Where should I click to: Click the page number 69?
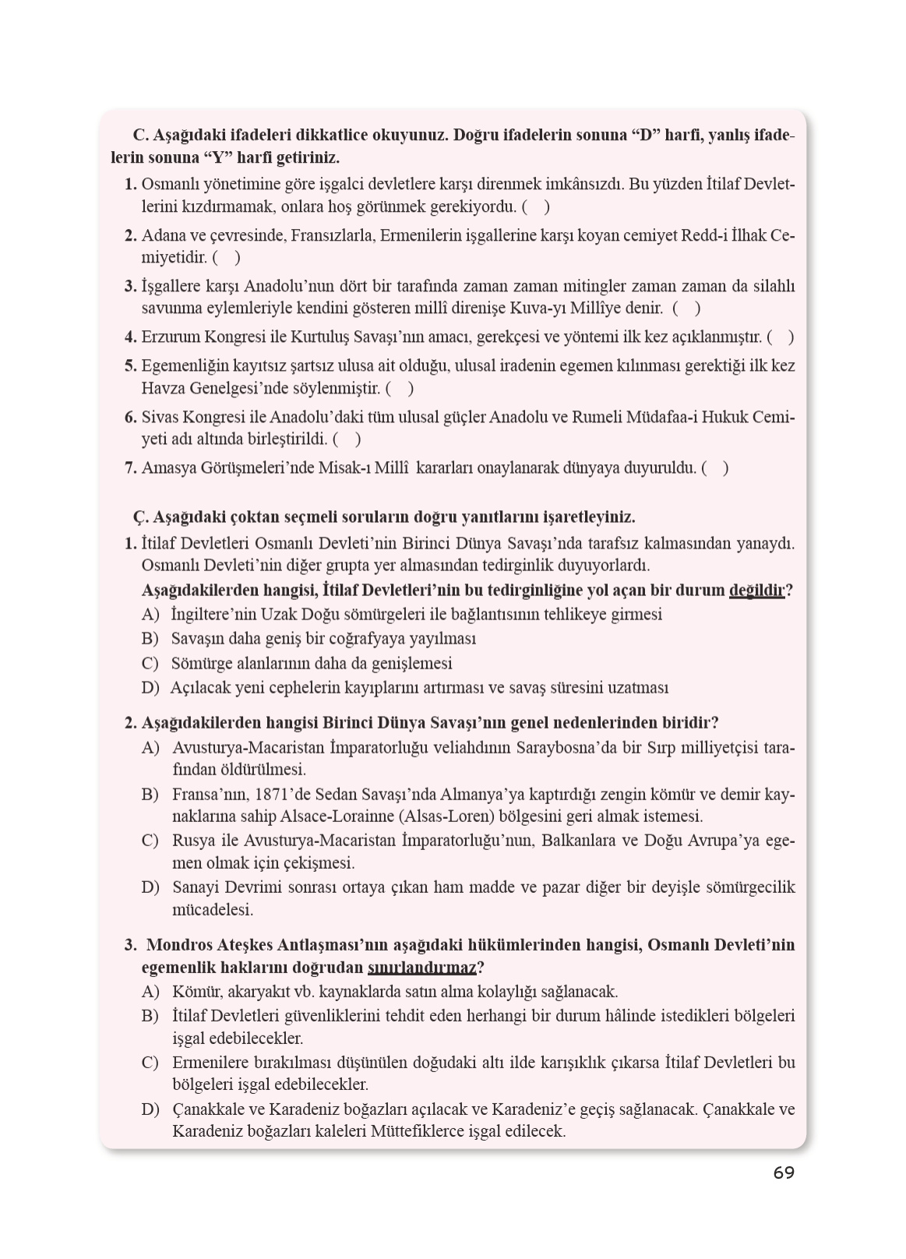tap(784, 1173)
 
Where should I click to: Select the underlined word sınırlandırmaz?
tap(421, 968)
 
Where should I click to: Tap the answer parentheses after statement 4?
tap(781, 337)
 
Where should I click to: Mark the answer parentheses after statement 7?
tap(715, 468)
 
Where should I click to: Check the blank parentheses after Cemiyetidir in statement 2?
tap(226, 256)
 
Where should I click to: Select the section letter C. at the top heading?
tap(141, 136)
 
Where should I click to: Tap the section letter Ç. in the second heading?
tap(141, 517)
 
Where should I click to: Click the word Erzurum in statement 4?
tap(170, 337)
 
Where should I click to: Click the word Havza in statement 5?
tap(163, 388)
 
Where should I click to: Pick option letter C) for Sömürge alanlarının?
tap(150, 664)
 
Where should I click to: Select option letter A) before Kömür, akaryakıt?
tap(150, 992)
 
